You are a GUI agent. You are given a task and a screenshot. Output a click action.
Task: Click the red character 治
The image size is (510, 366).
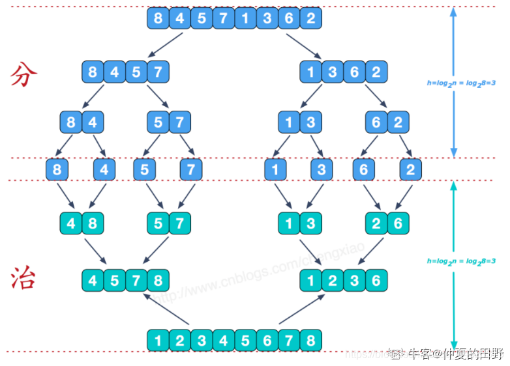click(24, 279)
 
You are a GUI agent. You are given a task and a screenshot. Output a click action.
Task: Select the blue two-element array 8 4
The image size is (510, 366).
click(82, 122)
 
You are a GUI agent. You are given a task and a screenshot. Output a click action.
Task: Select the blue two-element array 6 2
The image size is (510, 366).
click(387, 122)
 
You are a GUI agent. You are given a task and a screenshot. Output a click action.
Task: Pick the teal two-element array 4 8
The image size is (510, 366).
click(82, 223)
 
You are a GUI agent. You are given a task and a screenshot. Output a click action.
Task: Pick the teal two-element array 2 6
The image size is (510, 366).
click(387, 223)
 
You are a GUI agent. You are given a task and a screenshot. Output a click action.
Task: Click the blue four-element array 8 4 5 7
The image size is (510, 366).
click(125, 71)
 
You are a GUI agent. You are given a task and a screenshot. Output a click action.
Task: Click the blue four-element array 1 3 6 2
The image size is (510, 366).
click(343, 71)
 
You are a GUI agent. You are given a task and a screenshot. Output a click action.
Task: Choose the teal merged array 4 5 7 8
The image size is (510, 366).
click(125, 281)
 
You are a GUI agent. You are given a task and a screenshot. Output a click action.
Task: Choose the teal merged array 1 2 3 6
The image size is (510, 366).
click(343, 281)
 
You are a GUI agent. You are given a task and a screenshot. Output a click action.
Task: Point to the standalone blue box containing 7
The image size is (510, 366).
click(190, 170)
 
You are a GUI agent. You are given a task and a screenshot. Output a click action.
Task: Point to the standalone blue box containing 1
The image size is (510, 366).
click(275, 170)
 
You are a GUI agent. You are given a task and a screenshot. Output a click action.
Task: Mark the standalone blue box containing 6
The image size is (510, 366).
click(363, 170)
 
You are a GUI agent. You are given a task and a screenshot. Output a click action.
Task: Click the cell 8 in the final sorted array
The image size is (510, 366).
click(310, 340)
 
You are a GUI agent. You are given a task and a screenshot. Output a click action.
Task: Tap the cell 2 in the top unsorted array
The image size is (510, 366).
click(310, 18)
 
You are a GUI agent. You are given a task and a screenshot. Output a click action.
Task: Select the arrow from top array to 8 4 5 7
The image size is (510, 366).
click(166, 44)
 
